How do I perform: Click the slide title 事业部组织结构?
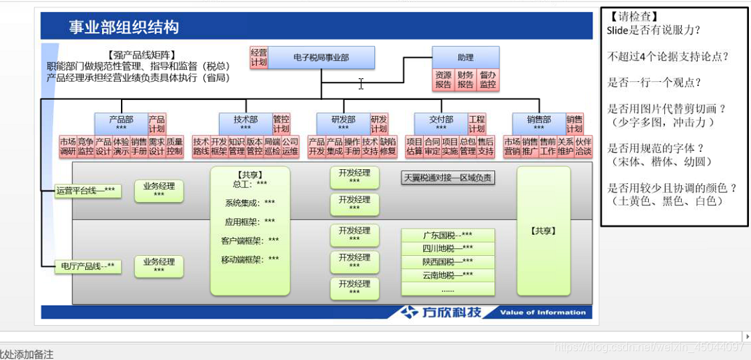pyautogui.click(x=124, y=27)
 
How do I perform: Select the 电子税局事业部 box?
pyautogui.click(x=321, y=58)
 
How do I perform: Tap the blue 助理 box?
pyautogui.click(x=465, y=57)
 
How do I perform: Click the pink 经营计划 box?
pyautogui.click(x=259, y=57)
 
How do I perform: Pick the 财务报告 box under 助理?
pyautogui.click(x=466, y=80)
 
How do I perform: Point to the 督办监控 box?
pyautogui.click(x=487, y=80)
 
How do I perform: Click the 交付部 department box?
pyautogui.click(x=441, y=124)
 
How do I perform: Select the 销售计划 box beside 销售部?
pyautogui.click(x=574, y=124)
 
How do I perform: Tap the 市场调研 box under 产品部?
pyautogui.click(x=68, y=146)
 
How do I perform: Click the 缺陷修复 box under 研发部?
pyautogui.click(x=388, y=146)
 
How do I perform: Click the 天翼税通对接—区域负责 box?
pyautogui.click(x=448, y=178)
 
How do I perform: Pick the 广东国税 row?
pyautogui.click(x=448, y=235)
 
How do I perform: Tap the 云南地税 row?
pyautogui.click(x=448, y=275)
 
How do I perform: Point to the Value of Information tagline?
pyautogui.click(x=543, y=312)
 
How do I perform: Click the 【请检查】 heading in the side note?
pyautogui.click(x=634, y=16)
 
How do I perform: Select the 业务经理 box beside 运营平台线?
pyautogui.click(x=159, y=190)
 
